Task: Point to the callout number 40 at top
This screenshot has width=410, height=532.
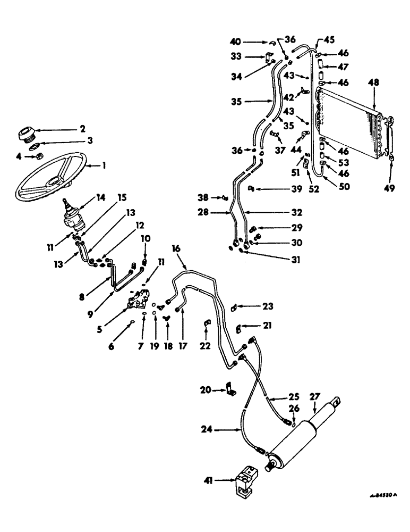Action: coord(234,40)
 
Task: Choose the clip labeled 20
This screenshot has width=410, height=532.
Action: coord(231,389)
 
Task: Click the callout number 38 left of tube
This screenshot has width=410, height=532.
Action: coord(217,198)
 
